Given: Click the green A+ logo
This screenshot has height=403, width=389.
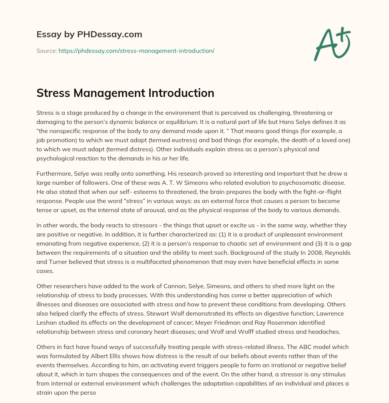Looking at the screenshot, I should click(x=332, y=44).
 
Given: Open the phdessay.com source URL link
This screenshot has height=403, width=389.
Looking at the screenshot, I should click(x=136, y=51).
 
